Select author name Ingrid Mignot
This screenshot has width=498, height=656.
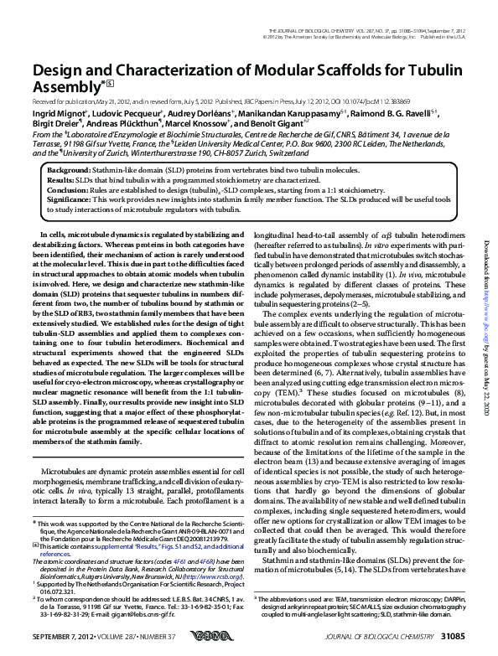(x=58, y=112)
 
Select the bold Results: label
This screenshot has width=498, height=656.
(x=61, y=180)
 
